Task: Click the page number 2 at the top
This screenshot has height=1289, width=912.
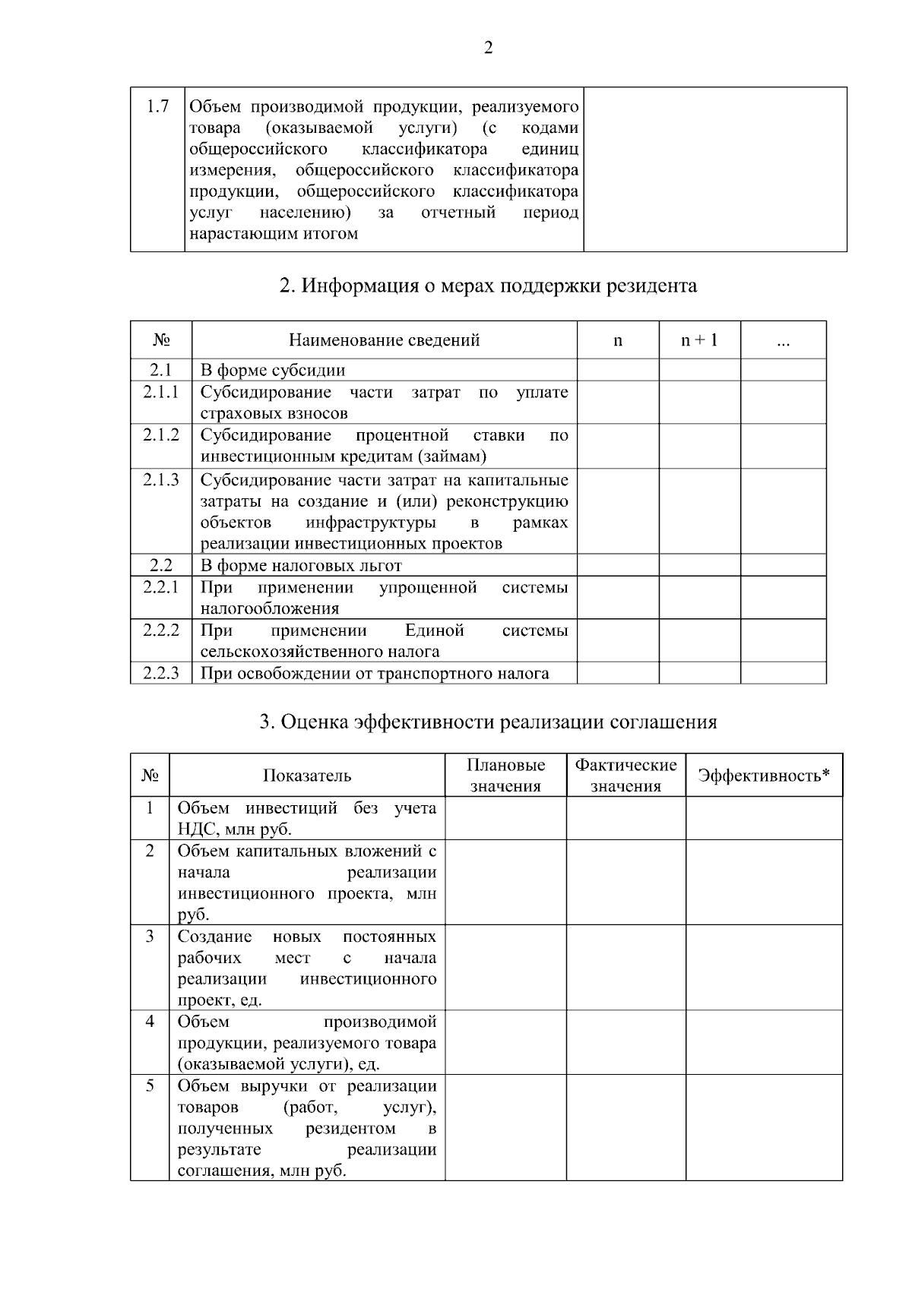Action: click(x=488, y=49)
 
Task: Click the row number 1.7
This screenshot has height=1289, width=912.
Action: click(x=157, y=106)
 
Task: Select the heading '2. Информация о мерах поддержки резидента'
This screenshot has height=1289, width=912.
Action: click(x=488, y=286)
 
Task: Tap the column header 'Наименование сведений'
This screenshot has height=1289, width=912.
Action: click(x=384, y=340)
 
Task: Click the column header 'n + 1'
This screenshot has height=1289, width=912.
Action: click(x=698, y=340)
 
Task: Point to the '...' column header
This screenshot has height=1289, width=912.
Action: click(x=784, y=342)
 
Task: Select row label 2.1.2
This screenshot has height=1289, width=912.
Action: click(x=161, y=434)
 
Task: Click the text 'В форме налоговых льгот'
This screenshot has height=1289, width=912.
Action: click(x=301, y=565)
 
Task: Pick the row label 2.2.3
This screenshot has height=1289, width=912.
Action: click(x=161, y=673)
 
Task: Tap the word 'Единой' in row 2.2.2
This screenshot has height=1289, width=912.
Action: click(x=434, y=630)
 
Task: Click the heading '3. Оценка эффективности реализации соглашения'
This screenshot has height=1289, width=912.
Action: click(x=488, y=722)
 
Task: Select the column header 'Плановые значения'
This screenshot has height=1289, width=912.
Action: click(x=505, y=776)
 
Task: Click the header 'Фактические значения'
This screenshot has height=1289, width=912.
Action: click(x=625, y=776)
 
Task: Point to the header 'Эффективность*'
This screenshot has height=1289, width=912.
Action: click(x=764, y=776)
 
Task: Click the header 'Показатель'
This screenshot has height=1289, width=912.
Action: click(x=307, y=776)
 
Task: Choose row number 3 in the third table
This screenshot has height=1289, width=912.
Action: click(x=150, y=936)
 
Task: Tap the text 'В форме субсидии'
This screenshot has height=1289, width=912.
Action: click(x=273, y=371)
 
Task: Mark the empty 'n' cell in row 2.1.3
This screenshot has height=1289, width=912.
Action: click(x=618, y=511)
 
